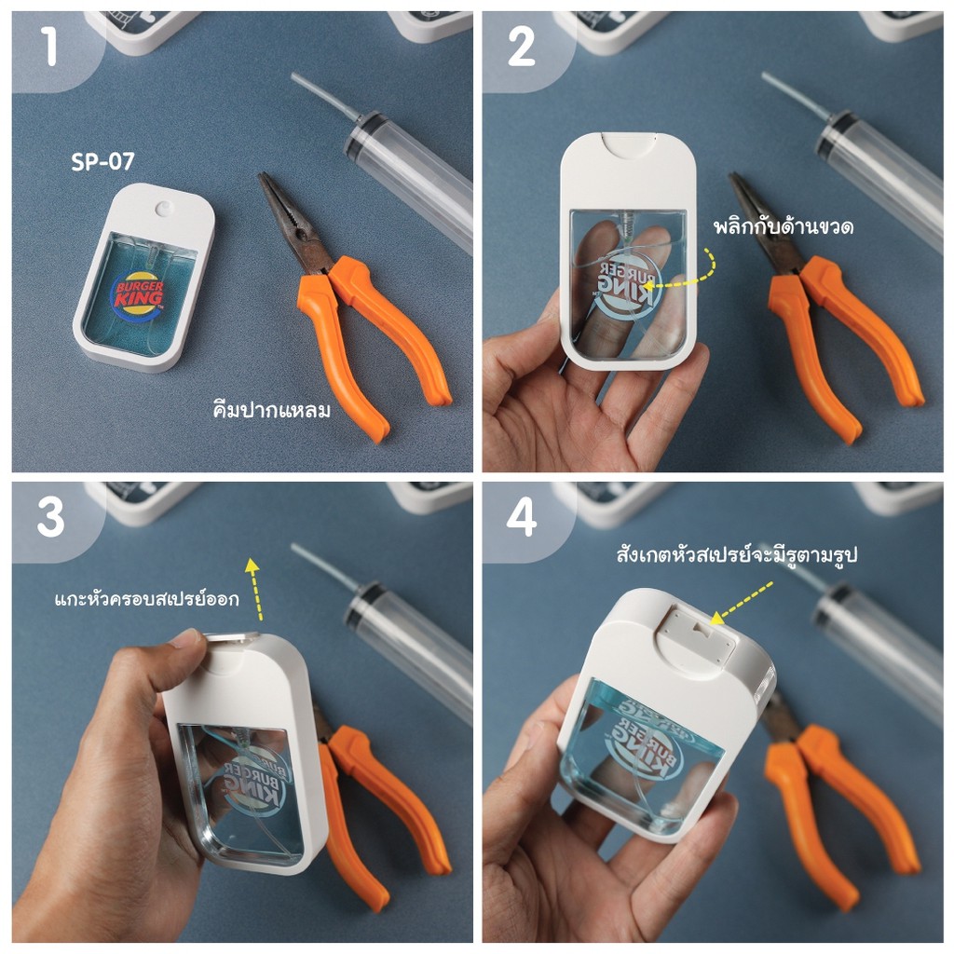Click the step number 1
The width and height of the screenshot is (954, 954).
[x=50, y=47]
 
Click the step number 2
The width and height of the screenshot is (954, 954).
[x=521, y=47]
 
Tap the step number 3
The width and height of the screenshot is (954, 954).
[x=50, y=518]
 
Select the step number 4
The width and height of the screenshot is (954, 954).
[x=522, y=518]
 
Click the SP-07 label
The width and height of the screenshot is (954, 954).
[x=102, y=161]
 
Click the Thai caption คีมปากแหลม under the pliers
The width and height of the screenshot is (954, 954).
[x=271, y=409]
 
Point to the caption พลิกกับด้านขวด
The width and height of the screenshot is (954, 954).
[x=784, y=226]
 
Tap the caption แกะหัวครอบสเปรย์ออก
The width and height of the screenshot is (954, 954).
[x=146, y=599]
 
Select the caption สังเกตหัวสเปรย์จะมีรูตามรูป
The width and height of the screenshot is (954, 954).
[x=737, y=554]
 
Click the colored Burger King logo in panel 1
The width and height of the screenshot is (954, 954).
[x=138, y=293]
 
